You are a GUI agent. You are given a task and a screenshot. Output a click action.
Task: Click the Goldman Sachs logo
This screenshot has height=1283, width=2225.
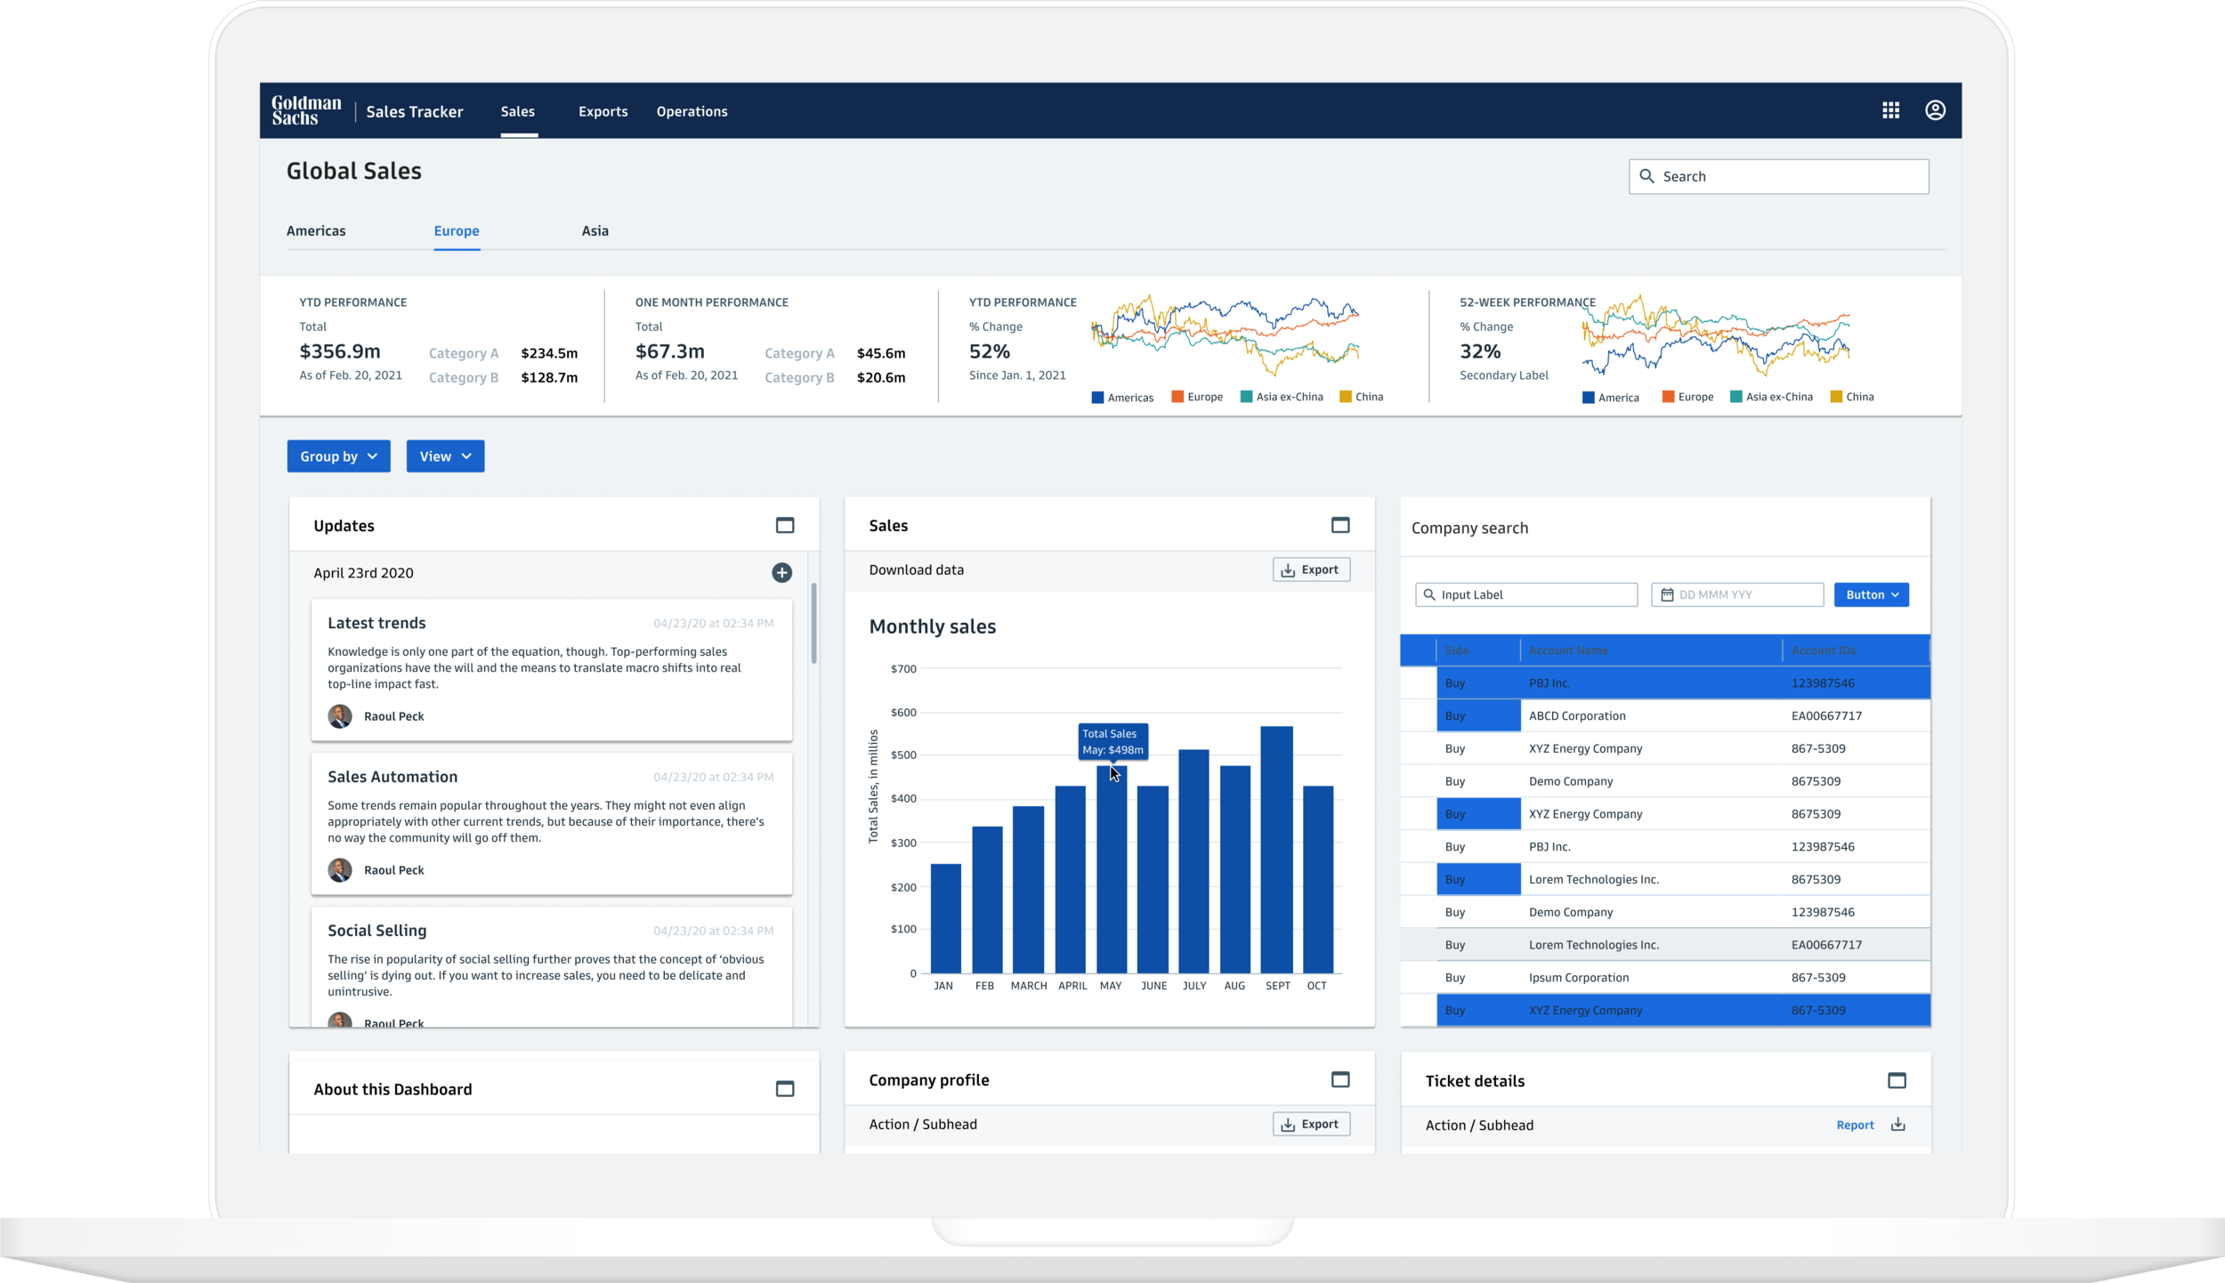[x=306, y=111]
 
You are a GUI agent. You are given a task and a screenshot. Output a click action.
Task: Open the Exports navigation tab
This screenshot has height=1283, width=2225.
[x=603, y=111]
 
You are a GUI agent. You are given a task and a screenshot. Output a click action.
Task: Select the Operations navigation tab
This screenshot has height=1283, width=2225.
[x=692, y=111]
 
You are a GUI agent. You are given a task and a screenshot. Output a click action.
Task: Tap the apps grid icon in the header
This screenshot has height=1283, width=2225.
[x=1890, y=110]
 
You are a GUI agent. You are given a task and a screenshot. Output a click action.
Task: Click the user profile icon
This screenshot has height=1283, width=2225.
[x=1935, y=110]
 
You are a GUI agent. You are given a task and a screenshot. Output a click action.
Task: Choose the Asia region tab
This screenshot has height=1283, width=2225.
[x=595, y=230]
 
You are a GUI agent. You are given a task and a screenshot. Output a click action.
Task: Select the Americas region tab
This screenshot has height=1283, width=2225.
[x=316, y=230]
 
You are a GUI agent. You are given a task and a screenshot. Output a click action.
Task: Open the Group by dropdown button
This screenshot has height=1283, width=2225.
[x=338, y=456]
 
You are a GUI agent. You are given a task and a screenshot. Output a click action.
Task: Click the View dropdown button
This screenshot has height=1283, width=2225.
[x=445, y=456]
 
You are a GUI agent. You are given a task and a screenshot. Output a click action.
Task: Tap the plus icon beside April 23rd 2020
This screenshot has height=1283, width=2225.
[x=781, y=573]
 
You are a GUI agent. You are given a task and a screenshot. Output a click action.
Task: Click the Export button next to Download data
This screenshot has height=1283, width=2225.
[x=1310, y=569]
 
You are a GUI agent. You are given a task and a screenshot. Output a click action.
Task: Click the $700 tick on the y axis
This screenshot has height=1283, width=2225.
[x=903, y=669]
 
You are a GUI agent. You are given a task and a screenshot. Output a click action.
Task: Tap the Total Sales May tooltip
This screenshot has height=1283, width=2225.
[x=1112, y=741]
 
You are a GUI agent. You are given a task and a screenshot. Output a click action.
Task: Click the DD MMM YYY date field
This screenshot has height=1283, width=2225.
[x=1737, y=594]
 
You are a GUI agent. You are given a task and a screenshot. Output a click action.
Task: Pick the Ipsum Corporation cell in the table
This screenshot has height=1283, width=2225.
[x=1578, y=977]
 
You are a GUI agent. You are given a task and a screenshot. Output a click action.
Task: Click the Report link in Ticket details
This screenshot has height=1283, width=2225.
[x=1855, y=1125]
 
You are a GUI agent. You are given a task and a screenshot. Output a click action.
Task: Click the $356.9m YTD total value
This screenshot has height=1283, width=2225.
[x=340, y=351]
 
